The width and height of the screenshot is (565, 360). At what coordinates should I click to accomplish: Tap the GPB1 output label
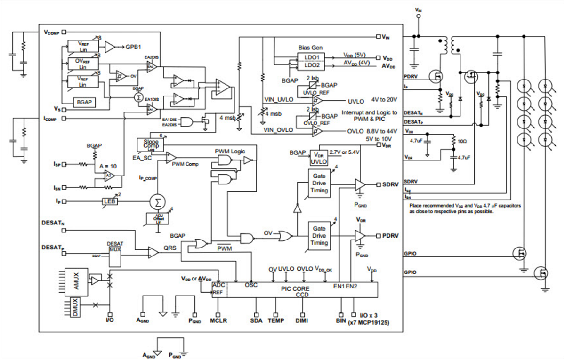coord(134,47)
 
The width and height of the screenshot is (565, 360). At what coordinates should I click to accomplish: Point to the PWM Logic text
coord(230,151)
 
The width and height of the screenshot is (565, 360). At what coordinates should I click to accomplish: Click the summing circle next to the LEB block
coord(155,202)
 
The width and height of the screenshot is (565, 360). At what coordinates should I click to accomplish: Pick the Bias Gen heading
coord(311,48)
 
